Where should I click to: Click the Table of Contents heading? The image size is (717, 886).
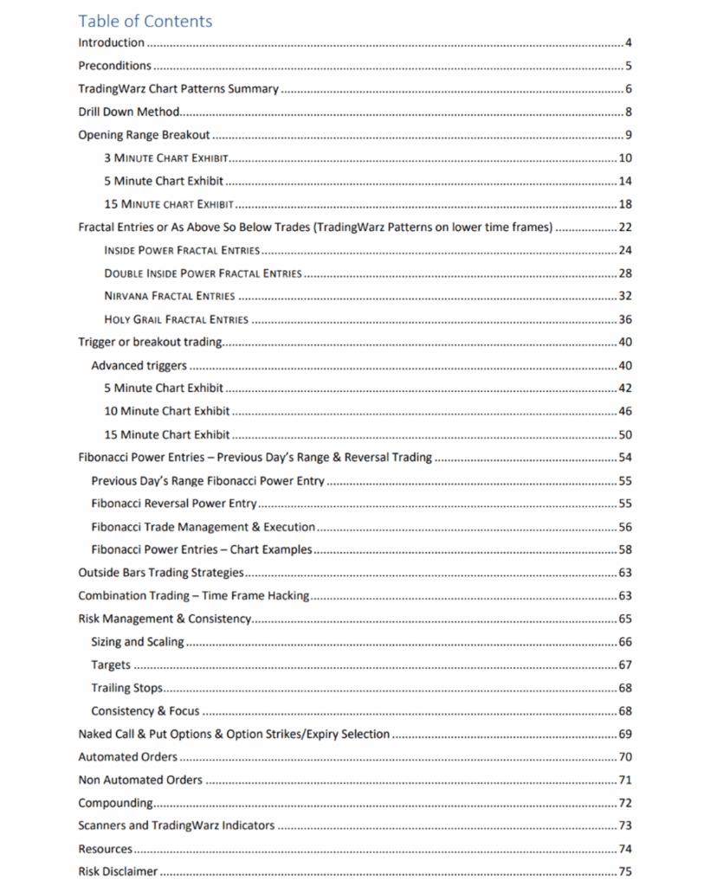[145, 21]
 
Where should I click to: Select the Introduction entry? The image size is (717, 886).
[111, 42]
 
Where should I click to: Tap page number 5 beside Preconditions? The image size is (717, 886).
[629, 66]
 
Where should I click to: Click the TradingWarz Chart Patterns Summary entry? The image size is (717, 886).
[178, 88]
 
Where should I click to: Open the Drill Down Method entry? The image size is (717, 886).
[128, 112]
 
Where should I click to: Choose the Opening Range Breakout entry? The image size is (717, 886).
[144, 135]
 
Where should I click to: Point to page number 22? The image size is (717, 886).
[625, 228]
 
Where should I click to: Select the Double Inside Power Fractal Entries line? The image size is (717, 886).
[203, 273]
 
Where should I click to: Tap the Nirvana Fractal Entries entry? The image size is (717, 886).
[169, 296]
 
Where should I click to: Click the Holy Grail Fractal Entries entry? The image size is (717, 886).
[176, 319]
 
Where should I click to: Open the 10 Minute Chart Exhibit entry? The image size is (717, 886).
[166, 411]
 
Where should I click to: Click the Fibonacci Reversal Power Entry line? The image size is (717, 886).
[174, 504]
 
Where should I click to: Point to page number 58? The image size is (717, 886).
[625, 549]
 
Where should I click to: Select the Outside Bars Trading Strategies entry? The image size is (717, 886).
[161, 573]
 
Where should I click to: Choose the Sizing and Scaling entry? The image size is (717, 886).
[138, 642]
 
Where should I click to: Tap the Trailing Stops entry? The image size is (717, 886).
[126, 688]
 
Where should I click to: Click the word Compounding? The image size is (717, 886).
[115, 803]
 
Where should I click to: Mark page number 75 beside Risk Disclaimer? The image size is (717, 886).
[625, 872]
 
